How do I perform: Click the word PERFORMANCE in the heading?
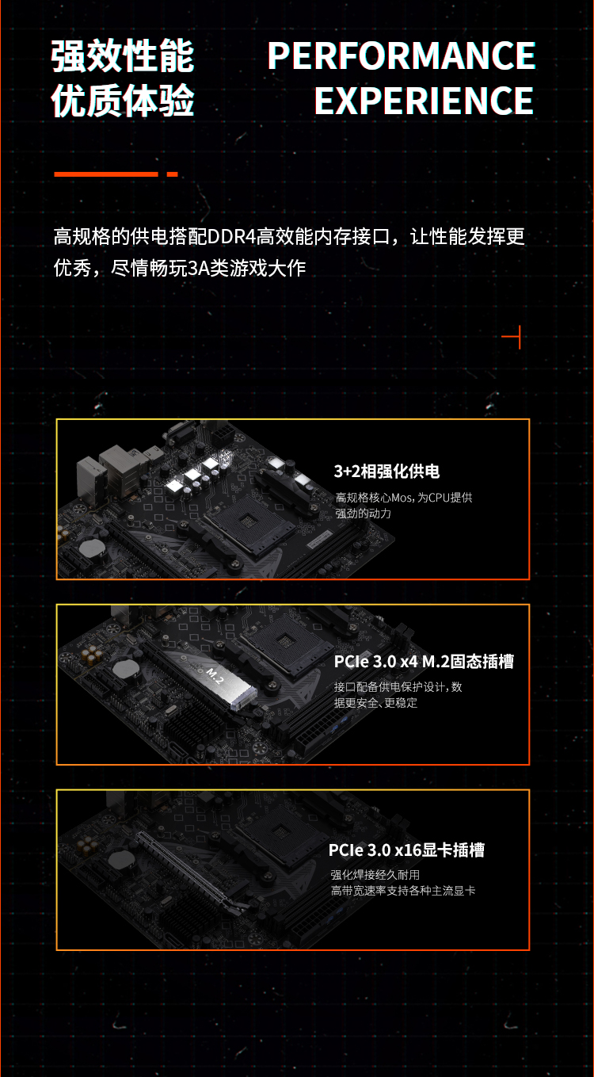402,55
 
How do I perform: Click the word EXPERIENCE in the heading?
424,101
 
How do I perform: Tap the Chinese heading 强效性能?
123,56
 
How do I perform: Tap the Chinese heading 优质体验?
123,101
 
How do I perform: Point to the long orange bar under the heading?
105,174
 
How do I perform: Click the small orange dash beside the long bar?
172,174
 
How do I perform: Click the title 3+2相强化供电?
386,472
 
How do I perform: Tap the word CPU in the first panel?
437,498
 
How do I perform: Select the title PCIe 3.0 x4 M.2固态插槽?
424,662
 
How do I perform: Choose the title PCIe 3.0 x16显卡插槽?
406,850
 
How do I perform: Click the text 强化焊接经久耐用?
375,875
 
